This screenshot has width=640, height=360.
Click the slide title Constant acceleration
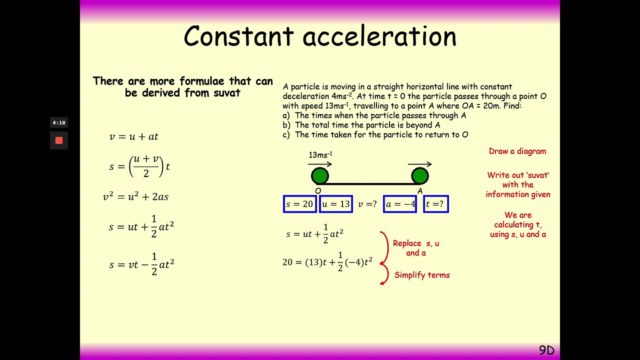(x=320, y=36)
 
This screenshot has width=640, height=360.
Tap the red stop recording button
(x=59, y=140)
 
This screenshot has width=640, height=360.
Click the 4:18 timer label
(x=59, y=122)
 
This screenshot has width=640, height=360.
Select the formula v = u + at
(x=133, y=136)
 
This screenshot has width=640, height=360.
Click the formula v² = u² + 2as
(x=135, y=196)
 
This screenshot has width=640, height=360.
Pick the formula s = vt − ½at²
(x=141, y=264)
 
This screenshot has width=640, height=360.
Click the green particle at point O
(x=320, y=176)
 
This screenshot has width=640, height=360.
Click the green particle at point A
(x=420, y=176)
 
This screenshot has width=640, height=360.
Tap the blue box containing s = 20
(x=299, y=204)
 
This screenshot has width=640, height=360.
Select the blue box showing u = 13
(x=336, y=204)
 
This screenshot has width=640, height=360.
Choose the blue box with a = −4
(x=400, y=204)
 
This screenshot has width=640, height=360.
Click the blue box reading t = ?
(x=435, y=204)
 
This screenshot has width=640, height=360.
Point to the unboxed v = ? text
(x=367, y=204)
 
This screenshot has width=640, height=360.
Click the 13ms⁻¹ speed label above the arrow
(x=320, y=155)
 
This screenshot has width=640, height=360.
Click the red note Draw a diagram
(x=517, y=151)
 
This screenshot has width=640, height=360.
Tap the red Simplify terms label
(x=422, y=275)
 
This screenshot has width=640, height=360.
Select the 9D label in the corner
(x=546, y=350)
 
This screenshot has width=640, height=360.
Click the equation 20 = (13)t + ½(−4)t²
(x=327, y=262)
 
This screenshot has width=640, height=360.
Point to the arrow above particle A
(x=420, y=164)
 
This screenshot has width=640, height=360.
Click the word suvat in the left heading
(x=226, y=93)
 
